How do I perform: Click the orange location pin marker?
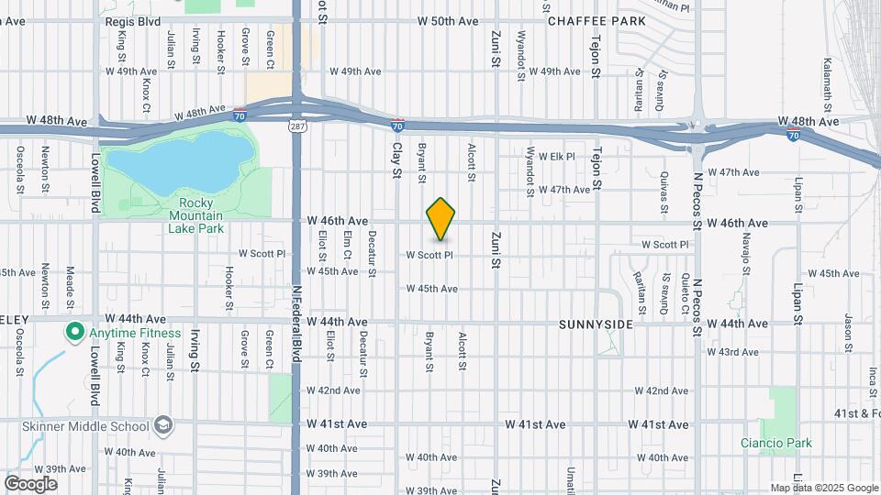point(441,218)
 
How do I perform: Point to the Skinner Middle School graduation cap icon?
point(162,425)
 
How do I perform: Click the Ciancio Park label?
point(776,443)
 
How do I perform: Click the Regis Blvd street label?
point(133,20)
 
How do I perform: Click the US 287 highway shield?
point(296,124)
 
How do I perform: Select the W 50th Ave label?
point(448,20)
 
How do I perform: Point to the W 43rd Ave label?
point(730,352)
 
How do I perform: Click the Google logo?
point(30,483)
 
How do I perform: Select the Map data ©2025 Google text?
point(823,488)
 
